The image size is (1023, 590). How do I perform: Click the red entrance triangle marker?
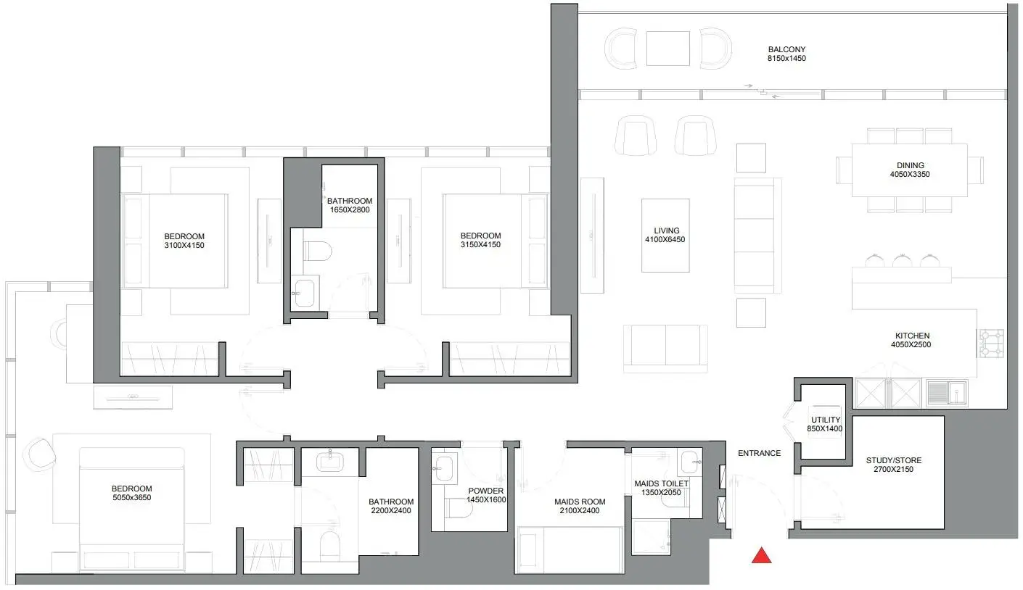click(761, 555)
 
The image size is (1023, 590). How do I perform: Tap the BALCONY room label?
click(786, 49)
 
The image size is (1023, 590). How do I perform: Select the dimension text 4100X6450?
click(665, 240)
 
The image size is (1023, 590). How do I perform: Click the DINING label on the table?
click(911, 165)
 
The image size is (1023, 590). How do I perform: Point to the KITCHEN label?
click(912, 336)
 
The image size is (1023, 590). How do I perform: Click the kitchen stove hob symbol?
click(990, 343)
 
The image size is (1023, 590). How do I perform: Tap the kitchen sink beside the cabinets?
click(947, 392)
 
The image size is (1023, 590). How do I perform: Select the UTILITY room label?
click(825, 420)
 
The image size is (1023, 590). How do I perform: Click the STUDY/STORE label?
click(894, 460)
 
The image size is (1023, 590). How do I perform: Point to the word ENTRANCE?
click(759, 453)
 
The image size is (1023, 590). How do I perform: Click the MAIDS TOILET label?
click(661, 483)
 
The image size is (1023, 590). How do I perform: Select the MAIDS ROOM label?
click(580, 502)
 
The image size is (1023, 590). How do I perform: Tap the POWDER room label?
click(486, 491)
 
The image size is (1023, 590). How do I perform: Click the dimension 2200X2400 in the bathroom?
click(391, 510)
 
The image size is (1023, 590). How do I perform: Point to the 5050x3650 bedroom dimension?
click(131, 497)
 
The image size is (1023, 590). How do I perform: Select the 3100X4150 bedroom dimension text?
click(184, 245)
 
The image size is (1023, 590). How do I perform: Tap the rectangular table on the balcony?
click(667, 49)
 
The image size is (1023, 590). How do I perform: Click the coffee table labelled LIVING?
click(665, 236)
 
